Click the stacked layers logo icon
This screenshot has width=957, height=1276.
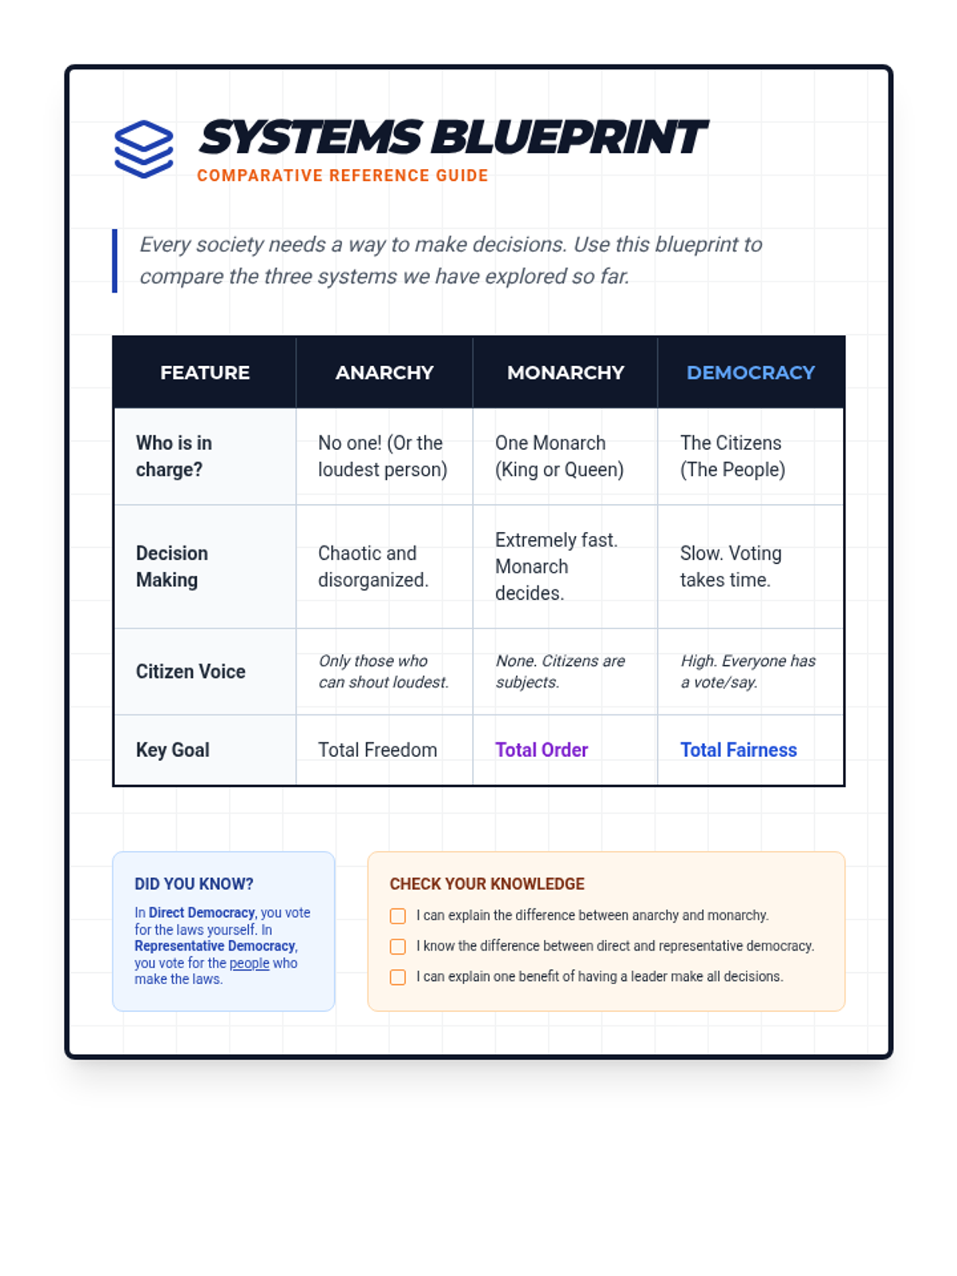(x=144, y=149)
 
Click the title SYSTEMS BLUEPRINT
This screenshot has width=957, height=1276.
(x=452, y=137)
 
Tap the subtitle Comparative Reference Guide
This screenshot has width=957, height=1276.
(x=342, y=175)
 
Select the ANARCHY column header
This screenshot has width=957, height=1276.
(x=384, y=372)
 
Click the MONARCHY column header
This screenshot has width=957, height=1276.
(x=565, y=372)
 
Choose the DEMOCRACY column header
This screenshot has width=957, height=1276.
(x=750, y=372)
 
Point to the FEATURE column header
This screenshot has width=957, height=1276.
(x=205, y=372)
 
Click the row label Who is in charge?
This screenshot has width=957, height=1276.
(x=174, y=456)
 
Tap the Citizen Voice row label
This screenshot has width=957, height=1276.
(x=191, y=671)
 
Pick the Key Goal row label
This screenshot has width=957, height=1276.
(x=173, y=750)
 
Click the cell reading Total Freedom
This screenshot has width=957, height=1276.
(x=377, y=750)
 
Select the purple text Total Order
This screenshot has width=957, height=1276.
(x=542, y=750)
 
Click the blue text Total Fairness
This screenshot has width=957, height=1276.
(x=738, y=750)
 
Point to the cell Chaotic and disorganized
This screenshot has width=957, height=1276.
(x=373, y=566)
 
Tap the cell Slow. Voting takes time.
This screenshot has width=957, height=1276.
(x=731, y=566)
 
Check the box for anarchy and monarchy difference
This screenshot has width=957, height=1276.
(x=398, y=916)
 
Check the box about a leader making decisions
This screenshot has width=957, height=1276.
(x=398, y=977)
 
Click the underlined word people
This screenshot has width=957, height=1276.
(x=250, y=963)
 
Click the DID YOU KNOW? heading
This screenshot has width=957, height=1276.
(x=194, y=884)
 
